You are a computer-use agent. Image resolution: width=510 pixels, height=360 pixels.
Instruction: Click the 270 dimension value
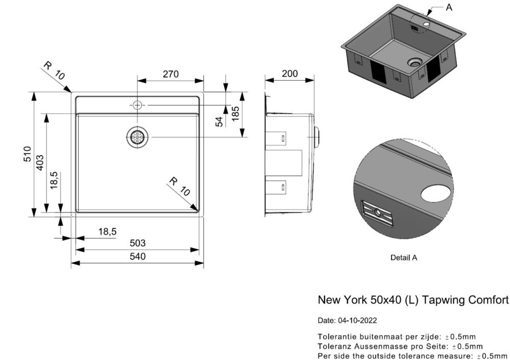coord(170,74)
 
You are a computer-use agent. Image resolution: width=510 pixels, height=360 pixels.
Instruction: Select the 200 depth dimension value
coord(290,74)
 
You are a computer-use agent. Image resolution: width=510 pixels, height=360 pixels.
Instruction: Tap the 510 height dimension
coord(28,154)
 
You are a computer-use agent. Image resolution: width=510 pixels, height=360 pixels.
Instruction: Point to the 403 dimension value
coord(40,162)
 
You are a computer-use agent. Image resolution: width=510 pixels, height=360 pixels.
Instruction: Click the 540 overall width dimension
coord(138,256)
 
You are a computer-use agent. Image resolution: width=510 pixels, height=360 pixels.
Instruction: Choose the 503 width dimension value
coord(138,243)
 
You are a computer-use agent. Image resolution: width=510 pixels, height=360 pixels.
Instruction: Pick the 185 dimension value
coord(235,114)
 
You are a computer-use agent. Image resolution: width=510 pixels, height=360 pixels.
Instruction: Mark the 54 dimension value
coord(219,122)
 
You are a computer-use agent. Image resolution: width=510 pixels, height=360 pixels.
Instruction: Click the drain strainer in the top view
coord(137,137)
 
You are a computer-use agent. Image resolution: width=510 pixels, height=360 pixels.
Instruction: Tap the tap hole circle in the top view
coord(137,105)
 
